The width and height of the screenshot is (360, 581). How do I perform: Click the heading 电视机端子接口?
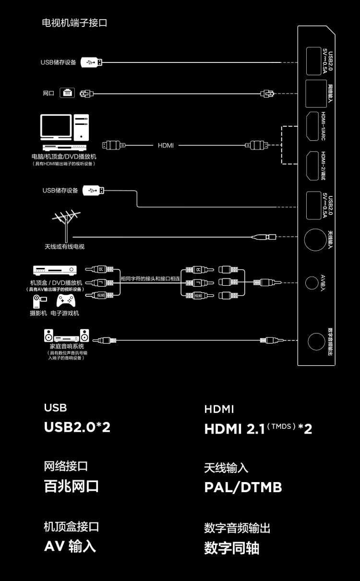click(x=74, y=23)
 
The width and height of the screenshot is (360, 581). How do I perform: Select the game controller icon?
click(x=66, y=301)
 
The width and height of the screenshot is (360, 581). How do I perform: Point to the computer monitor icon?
click(x=56, y=127)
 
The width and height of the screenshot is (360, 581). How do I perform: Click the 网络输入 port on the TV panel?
click(x=315, y=93)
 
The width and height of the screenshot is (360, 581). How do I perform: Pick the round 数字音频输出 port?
click(x=316, y=341)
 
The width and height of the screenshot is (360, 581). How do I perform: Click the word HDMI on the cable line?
click(x=166, y=145)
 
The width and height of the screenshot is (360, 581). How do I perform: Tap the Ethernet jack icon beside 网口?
click(x=67, y=93)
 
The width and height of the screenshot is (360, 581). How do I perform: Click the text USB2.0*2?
click(x=77, y=427)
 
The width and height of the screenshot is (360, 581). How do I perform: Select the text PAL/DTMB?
click(x=243, y=487)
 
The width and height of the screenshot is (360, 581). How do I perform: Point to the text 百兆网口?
click(x=72, y=486)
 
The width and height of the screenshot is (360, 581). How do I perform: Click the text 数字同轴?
click(x=232, y=548)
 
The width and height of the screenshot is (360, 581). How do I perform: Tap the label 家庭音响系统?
click(x=67, y=346)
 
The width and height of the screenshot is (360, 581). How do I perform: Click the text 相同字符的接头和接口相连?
click(x=150, y=278)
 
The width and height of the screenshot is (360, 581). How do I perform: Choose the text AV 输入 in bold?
click(x=70, y=546)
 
